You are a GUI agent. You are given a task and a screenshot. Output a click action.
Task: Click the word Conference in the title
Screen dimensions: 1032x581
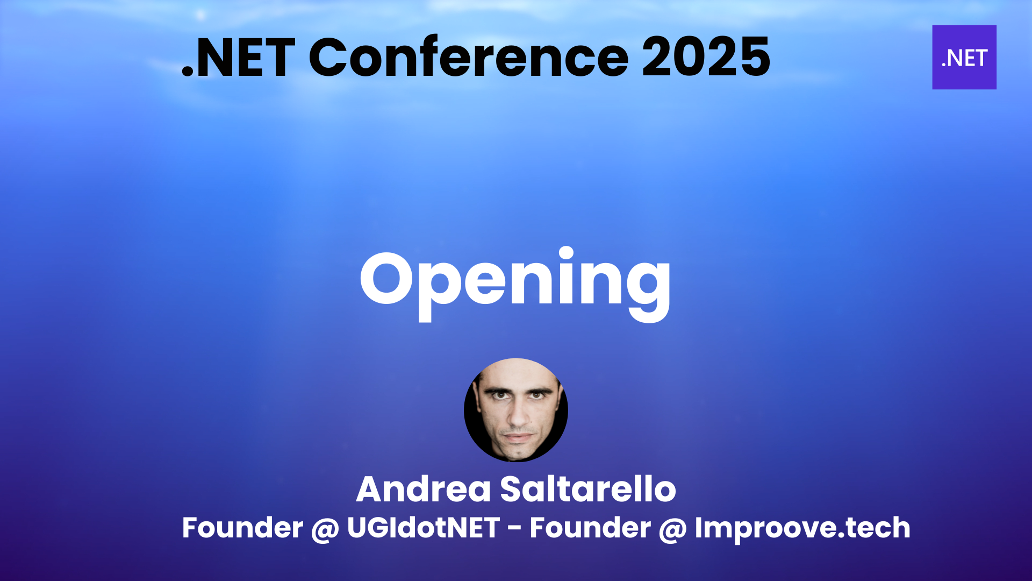(x=468, y=57)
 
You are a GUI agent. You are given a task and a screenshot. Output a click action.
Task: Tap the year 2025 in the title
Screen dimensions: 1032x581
(x=706, y=57)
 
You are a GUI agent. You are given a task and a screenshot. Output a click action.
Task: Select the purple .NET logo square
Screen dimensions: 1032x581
(x=964, y=57)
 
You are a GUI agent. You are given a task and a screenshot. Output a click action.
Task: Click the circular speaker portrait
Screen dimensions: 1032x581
(x=516, y=410)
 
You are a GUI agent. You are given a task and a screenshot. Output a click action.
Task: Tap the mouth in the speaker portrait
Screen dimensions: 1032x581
(x=517, y=437)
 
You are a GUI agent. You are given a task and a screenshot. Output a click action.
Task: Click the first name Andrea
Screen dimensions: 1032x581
(x=424, y=490)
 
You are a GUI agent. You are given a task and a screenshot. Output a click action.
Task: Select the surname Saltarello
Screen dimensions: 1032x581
(x=588, y=490)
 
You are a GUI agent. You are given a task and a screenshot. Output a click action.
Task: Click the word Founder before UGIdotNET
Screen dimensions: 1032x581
(x=242, y=528)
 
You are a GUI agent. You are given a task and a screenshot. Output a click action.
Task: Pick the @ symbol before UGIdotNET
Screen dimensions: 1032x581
(x=325, y=529)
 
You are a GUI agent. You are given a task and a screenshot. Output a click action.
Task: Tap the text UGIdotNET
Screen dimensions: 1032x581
(x=424, y=528)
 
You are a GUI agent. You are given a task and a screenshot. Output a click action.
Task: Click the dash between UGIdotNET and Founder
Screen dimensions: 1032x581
(x=514, y=530)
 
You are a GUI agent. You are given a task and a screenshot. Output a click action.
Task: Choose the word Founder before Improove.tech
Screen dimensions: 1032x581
(x=590, y=528)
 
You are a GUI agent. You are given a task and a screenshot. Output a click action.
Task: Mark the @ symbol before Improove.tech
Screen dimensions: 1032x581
(x=673, y=529)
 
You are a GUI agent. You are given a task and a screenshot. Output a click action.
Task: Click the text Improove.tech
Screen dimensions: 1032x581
(x=802, y=528)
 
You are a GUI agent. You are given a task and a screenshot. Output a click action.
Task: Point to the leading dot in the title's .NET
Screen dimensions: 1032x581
(x=188, y=72)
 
